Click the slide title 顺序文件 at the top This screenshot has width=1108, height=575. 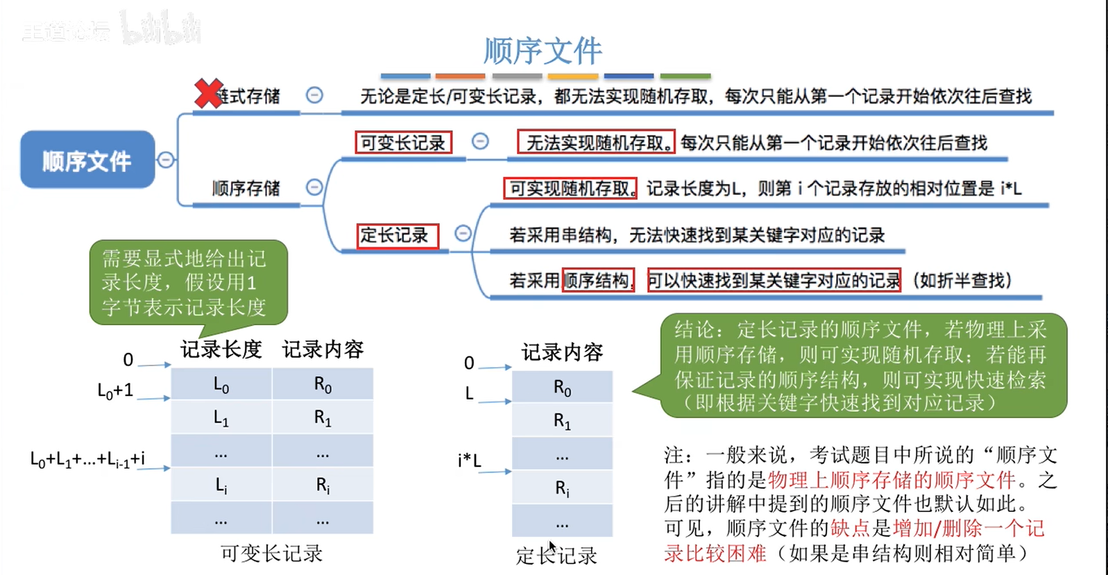point(543,50)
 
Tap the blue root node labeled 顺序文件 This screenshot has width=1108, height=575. point(87,160)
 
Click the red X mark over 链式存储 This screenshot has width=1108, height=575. point(208,94)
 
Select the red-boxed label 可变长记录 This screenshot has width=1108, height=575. point(403,143)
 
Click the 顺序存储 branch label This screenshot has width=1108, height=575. point(246,188)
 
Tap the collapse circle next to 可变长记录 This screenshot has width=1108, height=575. point(480,141)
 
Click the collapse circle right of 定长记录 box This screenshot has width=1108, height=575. point(463,234)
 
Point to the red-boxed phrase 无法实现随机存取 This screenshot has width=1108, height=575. point(596,143)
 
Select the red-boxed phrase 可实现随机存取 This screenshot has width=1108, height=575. point(570,189)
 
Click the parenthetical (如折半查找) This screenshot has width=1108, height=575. point(962,280)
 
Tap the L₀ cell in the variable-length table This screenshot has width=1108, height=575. point(221,385)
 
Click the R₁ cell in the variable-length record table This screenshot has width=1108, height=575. point(323,418)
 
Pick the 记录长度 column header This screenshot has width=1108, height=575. point(221,350)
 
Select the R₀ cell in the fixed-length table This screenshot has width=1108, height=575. point(562,388)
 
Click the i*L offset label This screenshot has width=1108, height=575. point(469,460)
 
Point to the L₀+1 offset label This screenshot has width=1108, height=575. point(115,391)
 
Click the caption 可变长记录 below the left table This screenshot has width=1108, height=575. point(271,553)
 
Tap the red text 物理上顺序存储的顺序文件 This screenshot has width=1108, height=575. point(892,479)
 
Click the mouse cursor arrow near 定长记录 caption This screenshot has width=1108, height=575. point(552,547)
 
